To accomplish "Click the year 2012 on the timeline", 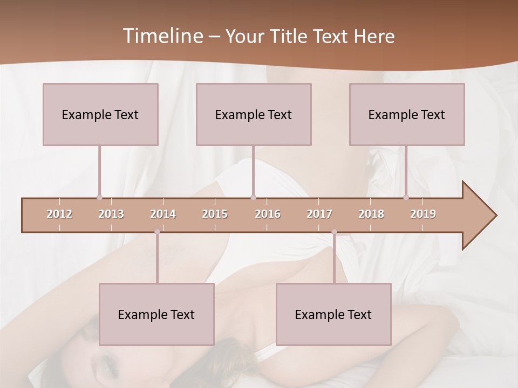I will [59, 214].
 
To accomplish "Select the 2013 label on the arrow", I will [111, 214].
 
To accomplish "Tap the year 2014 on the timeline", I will [163, 214].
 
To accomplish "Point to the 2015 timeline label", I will [215, 214].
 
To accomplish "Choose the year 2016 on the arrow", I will [268, 214].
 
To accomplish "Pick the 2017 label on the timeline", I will [319, 214].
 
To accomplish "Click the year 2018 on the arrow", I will [371, 214].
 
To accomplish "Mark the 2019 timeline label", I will [423, 214].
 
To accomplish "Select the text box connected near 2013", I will [100, 114].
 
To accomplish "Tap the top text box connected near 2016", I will [254, 114].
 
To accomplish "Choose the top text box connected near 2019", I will [407, 114].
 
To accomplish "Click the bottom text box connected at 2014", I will [156, 314].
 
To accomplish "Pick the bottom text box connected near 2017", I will [333, 314].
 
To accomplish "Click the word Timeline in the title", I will [162, 36].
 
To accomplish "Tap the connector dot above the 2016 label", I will [254, 197].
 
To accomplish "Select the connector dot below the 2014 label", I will [157, 232].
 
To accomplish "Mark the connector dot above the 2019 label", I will [406, 197].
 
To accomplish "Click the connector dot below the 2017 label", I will [334, 232].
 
